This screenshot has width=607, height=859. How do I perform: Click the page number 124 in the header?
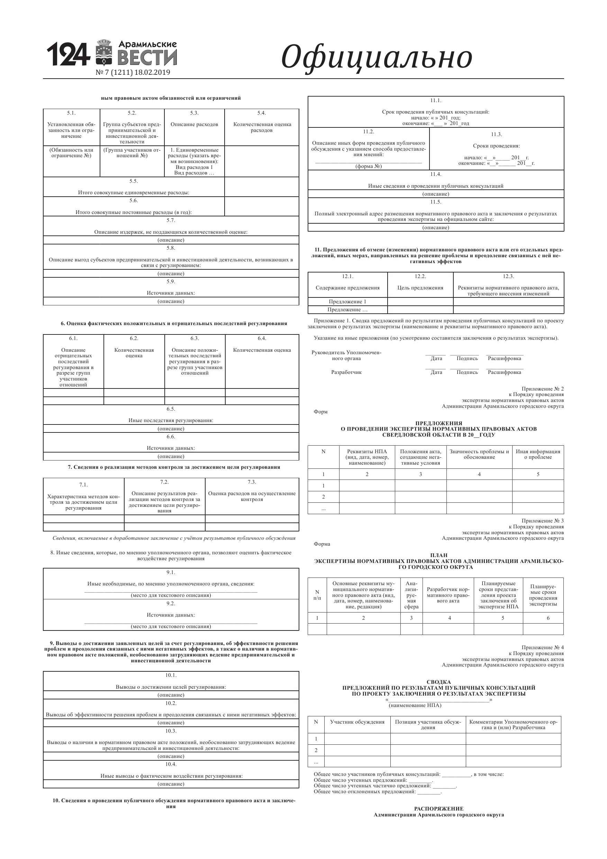coord(68,55)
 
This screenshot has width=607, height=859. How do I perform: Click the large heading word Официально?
coord(376,57)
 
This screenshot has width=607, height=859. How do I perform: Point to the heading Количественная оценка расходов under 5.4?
coord(261,127)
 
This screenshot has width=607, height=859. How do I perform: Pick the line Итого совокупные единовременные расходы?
coord(134,193)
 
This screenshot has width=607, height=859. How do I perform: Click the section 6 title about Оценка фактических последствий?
coord(174,324)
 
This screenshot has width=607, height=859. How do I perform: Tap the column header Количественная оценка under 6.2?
coord(134,353)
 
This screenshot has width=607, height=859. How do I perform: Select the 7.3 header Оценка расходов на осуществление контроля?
coord(252,496)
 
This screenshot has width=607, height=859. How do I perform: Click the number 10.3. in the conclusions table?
coord(171,731)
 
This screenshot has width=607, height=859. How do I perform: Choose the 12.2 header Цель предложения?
coord(420,288)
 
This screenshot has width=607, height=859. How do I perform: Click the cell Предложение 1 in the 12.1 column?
coord(347,302)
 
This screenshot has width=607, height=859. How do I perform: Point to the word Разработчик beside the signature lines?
coord(346,372)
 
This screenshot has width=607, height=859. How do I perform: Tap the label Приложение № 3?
coord(542,521)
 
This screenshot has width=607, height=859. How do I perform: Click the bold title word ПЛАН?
coord(439,555)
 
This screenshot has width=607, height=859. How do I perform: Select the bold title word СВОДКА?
coord(439,682)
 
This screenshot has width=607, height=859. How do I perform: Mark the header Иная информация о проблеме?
coord(538,454)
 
